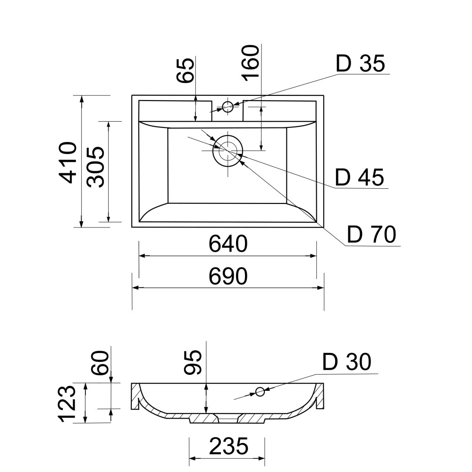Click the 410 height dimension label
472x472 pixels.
[68, 162]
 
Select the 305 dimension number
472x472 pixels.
[95, 167]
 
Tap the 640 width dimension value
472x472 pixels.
[228, 244]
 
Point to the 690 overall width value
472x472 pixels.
[228, 276]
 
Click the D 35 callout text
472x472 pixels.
[360, 64]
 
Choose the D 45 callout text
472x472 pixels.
[359, 177]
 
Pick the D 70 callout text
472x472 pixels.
[371, 235]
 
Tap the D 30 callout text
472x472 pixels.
[347, 362]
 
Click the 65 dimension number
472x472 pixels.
[185, 70]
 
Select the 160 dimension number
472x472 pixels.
[251, 63]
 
